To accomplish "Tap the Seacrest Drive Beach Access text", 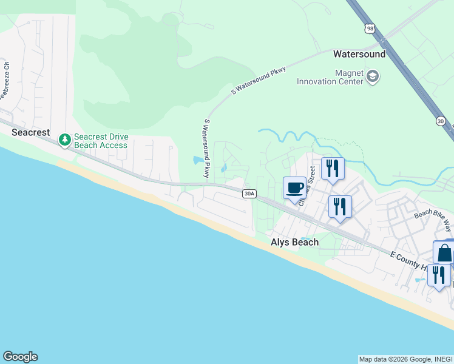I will click(101, 141).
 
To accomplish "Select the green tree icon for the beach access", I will click(64, 140).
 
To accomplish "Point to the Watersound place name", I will click(359, 54).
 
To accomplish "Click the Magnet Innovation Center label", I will click(330, 77).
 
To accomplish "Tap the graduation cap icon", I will click(373, 76).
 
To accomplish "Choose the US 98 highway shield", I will click(370, 28).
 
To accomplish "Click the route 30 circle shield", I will click(441, 121).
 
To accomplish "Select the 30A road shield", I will click(249, 194).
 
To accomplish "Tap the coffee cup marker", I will click(295, 187).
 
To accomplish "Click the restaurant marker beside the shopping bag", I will click(438, 275).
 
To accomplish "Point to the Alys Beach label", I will click(294, 242).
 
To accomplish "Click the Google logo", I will click(20, 357).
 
